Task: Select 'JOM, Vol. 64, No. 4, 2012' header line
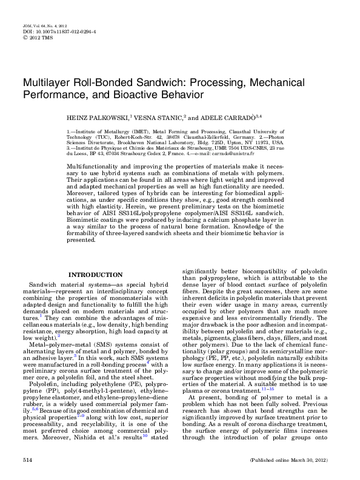(43, 27)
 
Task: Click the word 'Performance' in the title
(54, 95)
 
